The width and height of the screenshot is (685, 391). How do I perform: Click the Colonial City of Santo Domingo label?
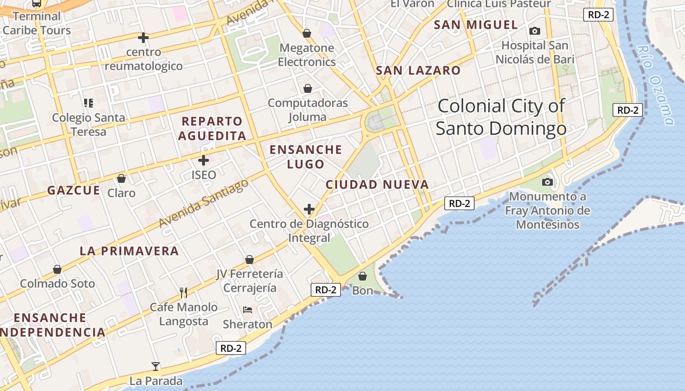click(501, 117)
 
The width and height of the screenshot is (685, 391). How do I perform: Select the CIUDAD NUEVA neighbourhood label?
click(377, 185)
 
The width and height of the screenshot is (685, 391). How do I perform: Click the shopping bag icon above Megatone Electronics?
click(307, 33)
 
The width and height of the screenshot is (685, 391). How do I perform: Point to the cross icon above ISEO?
click(204, 160)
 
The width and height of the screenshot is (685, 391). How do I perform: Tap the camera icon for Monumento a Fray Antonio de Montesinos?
click(548, 182)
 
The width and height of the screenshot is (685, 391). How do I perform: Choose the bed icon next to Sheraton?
click(248, 310)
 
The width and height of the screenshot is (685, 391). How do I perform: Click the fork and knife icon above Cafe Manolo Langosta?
click(183, 293)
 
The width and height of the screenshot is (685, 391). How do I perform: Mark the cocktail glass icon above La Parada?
click(156, 366)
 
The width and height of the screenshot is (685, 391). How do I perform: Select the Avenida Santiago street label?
click(204, 203)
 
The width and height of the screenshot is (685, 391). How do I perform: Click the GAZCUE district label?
click(74, 190)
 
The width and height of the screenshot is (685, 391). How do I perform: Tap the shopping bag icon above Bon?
click(363, 276)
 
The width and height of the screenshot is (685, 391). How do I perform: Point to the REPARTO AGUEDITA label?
click(212, 129)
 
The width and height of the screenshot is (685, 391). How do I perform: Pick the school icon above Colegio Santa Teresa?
click(89, 103)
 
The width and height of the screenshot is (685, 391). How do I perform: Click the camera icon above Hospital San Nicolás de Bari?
click(535, 31)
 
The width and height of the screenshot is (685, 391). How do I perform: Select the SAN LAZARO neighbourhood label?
click(418, 70)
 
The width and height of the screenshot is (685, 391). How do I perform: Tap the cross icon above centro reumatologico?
click(143, 37)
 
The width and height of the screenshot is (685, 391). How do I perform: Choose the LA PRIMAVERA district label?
click(129, 251)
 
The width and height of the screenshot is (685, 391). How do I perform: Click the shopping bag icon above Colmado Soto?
click(57, 269)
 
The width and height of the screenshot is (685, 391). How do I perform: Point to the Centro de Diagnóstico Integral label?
click(309, 231)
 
